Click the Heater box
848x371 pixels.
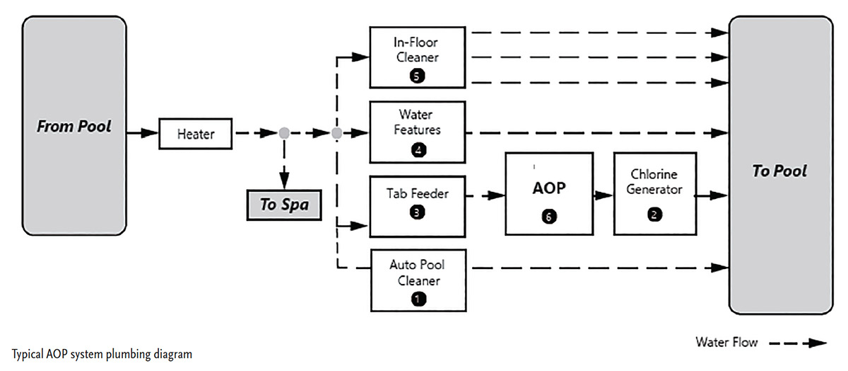tap(196, 134)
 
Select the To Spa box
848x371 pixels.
tap(283, 205)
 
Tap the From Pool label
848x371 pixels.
tap(74, 128)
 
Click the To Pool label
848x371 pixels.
tap(779, 171)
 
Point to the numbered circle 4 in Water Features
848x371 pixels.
tap(417, 149)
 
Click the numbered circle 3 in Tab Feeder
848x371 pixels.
tap(417, 210)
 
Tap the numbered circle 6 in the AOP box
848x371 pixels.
tap(548, 217)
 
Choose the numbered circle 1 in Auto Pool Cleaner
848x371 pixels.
tap(417, 299)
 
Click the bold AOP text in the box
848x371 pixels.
tap(548, 189)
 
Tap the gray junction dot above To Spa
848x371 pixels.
tap(284, 132)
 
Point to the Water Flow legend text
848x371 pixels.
tap(726, 343)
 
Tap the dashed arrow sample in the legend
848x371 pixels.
tap(798, 343)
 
